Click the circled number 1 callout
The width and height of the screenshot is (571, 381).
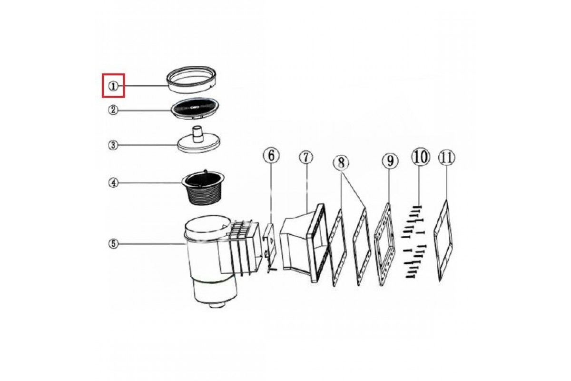point(113,86)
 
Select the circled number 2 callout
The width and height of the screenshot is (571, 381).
point(113,110)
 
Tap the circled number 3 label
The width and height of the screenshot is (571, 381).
point(113,146)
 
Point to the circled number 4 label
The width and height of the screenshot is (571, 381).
point(113,183)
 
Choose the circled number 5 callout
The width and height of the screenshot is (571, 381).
point(113,244)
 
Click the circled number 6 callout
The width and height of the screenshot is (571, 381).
point(271,155)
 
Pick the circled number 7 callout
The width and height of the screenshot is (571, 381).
point(306,158)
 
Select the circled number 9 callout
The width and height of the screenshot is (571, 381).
point(390,161)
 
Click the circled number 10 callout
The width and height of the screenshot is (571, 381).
point(420,157)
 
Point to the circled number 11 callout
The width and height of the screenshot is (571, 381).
point(447,158)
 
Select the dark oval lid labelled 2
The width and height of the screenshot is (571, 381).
point(195,109)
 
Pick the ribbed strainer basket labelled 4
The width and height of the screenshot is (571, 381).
point(204,188)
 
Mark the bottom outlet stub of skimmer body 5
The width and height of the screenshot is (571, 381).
point(216,305)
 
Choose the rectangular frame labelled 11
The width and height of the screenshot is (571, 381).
point(443,241)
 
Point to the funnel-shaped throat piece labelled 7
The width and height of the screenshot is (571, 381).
point(304,242)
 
